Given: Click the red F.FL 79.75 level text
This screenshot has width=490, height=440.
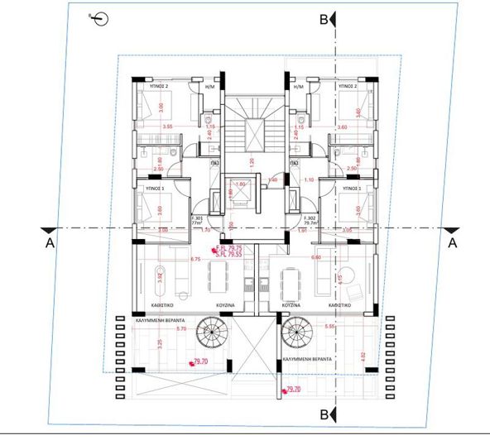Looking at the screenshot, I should [229, 248].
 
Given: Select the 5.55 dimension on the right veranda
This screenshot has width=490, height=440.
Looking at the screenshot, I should [331, 327].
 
